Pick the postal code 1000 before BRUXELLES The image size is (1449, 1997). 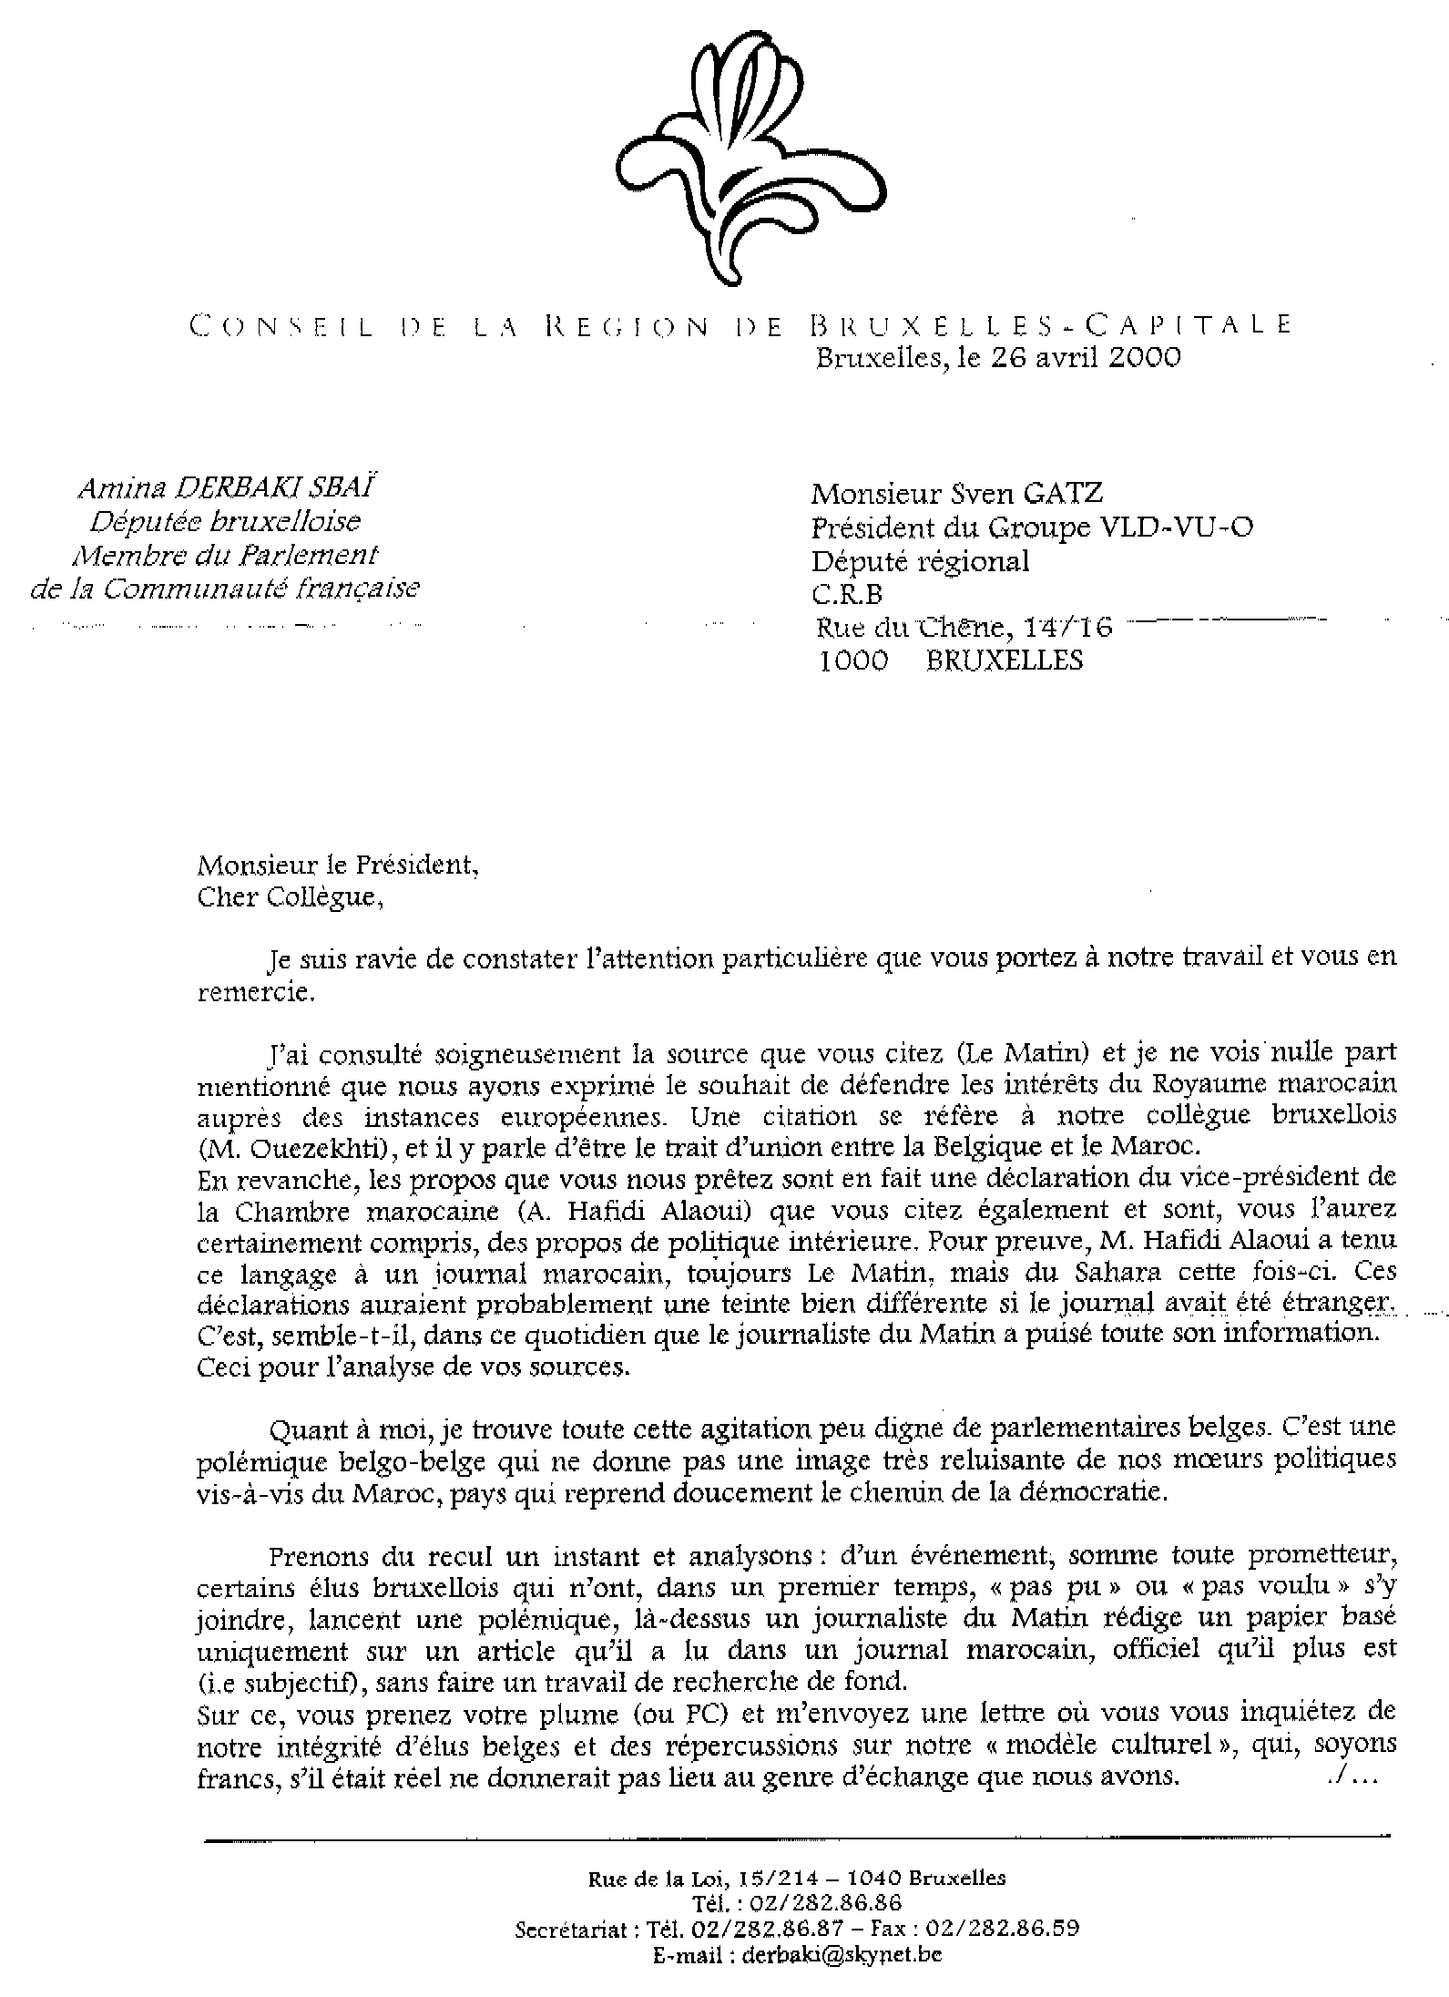click(x=853, y=661)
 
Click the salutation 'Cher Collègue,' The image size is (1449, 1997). click(x=285, y=897)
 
